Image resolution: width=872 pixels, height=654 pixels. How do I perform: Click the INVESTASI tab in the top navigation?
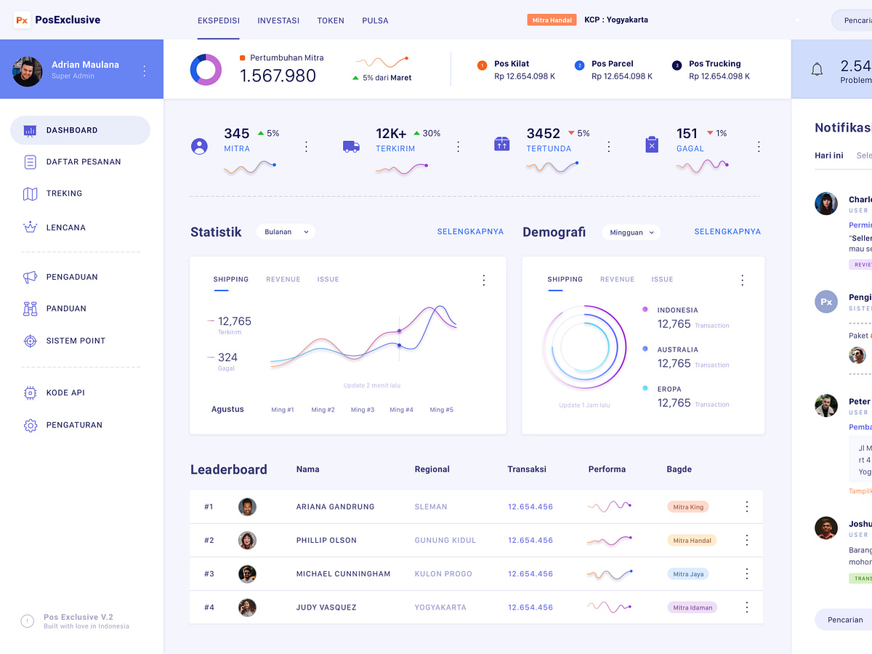tap(278, 20)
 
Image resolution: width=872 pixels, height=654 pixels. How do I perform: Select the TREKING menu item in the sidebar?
tap(64, 193)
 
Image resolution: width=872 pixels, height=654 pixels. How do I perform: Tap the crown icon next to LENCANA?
tap(30, 227)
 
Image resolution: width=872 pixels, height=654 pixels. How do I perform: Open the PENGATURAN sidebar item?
tap(74, 425)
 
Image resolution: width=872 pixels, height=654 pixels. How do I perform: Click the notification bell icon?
tap(817, 70)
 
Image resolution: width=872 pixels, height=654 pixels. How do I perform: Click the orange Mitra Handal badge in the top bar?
tap(552, 20)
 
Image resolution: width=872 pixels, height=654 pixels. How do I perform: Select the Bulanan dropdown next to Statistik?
tap(286, 232)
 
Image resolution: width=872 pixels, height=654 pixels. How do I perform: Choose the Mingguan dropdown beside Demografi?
tap(631, 233)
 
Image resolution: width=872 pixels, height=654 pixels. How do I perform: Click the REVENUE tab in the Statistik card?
tap(283, 279)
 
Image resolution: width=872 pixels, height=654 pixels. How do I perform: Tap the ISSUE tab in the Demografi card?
tap(662, 279)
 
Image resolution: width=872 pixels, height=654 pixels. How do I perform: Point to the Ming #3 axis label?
tap(362, 410)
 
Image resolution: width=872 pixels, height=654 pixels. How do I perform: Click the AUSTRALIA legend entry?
tap(677, 350)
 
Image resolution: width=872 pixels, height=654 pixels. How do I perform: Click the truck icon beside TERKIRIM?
tap(351, 146)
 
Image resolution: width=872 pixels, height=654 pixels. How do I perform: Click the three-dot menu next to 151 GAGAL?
tap(759, 147)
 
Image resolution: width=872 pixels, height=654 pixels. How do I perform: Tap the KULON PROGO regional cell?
tap(443, 573)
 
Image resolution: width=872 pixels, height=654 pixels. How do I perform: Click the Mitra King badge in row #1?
tap(687, 506)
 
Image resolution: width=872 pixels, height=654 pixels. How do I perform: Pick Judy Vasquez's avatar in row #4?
tap(247, 607)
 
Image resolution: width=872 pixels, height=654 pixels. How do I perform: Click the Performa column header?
tap(607, 469)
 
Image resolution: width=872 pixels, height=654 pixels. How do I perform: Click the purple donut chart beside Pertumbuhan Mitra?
tap(206, 70)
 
